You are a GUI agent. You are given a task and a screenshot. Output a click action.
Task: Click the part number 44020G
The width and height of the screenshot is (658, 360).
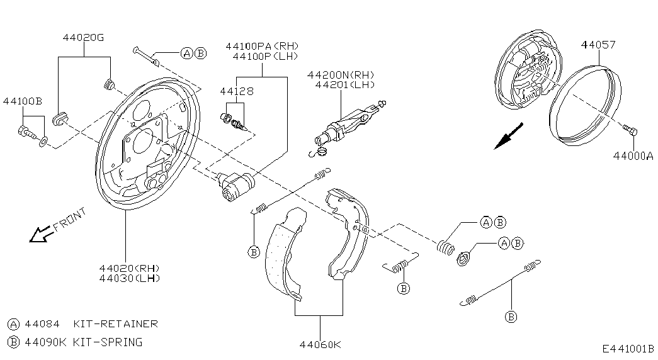[x=83, y=38]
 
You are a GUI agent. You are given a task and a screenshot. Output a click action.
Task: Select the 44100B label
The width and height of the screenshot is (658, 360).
[x=22, y=101]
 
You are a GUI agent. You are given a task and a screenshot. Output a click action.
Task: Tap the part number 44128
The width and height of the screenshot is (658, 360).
[x=237, y=91]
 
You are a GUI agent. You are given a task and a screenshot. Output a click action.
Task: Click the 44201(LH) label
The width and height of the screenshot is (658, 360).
[x=344, y=84]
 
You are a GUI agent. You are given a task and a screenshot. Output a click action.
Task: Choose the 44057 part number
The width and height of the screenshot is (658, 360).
[x=598, y=45]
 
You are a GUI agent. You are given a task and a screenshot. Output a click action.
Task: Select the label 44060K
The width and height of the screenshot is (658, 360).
[x=320, y=344]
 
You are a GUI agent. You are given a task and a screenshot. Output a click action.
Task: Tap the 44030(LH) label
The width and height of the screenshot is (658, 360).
[x=129, y=278]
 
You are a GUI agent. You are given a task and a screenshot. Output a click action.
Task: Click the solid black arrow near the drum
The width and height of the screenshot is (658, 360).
[x=508, y=137]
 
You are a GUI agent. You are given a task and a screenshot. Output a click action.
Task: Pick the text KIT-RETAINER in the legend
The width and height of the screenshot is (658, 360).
[x=115, y=324]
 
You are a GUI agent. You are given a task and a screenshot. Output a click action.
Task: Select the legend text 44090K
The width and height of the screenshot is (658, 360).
[x=45, y=342]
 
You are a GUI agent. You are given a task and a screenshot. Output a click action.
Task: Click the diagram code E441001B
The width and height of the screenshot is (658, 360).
[x=627, y=349]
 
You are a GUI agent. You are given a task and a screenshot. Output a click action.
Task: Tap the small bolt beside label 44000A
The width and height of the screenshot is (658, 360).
[x=631, y=131]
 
